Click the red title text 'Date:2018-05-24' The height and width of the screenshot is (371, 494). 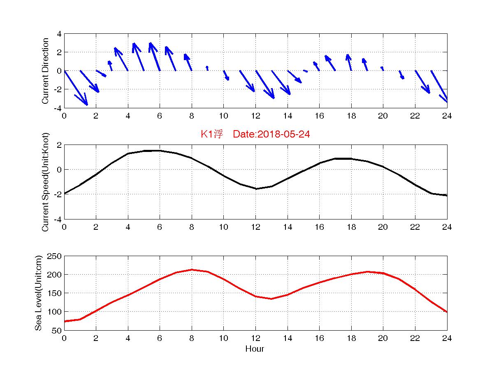coord(271,134)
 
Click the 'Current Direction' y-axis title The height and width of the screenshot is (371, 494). coord(46,71)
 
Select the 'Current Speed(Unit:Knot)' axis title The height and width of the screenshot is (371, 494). coord(46,182)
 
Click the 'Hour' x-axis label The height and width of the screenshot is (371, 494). coord(255,349)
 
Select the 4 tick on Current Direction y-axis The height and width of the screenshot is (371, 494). coord(59,34)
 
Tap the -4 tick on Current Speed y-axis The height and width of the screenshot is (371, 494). coord(57,219)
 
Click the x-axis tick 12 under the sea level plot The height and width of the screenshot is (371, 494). coord(255,338)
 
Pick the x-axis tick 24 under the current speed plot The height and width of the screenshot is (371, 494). coord(447,227)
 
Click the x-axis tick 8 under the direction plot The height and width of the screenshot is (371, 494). coord(192,116)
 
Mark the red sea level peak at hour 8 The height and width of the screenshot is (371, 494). coord(192,270)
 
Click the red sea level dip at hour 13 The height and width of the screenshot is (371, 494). coord(271,299)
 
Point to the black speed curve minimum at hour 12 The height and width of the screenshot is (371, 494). coord(255,189)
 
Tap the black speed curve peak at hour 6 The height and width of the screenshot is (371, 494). coord(160,151)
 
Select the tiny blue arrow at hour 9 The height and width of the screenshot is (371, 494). coord(207,68)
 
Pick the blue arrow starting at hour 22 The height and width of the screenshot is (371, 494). coord(422,82)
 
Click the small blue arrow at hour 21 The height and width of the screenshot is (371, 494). coord(401,75)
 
